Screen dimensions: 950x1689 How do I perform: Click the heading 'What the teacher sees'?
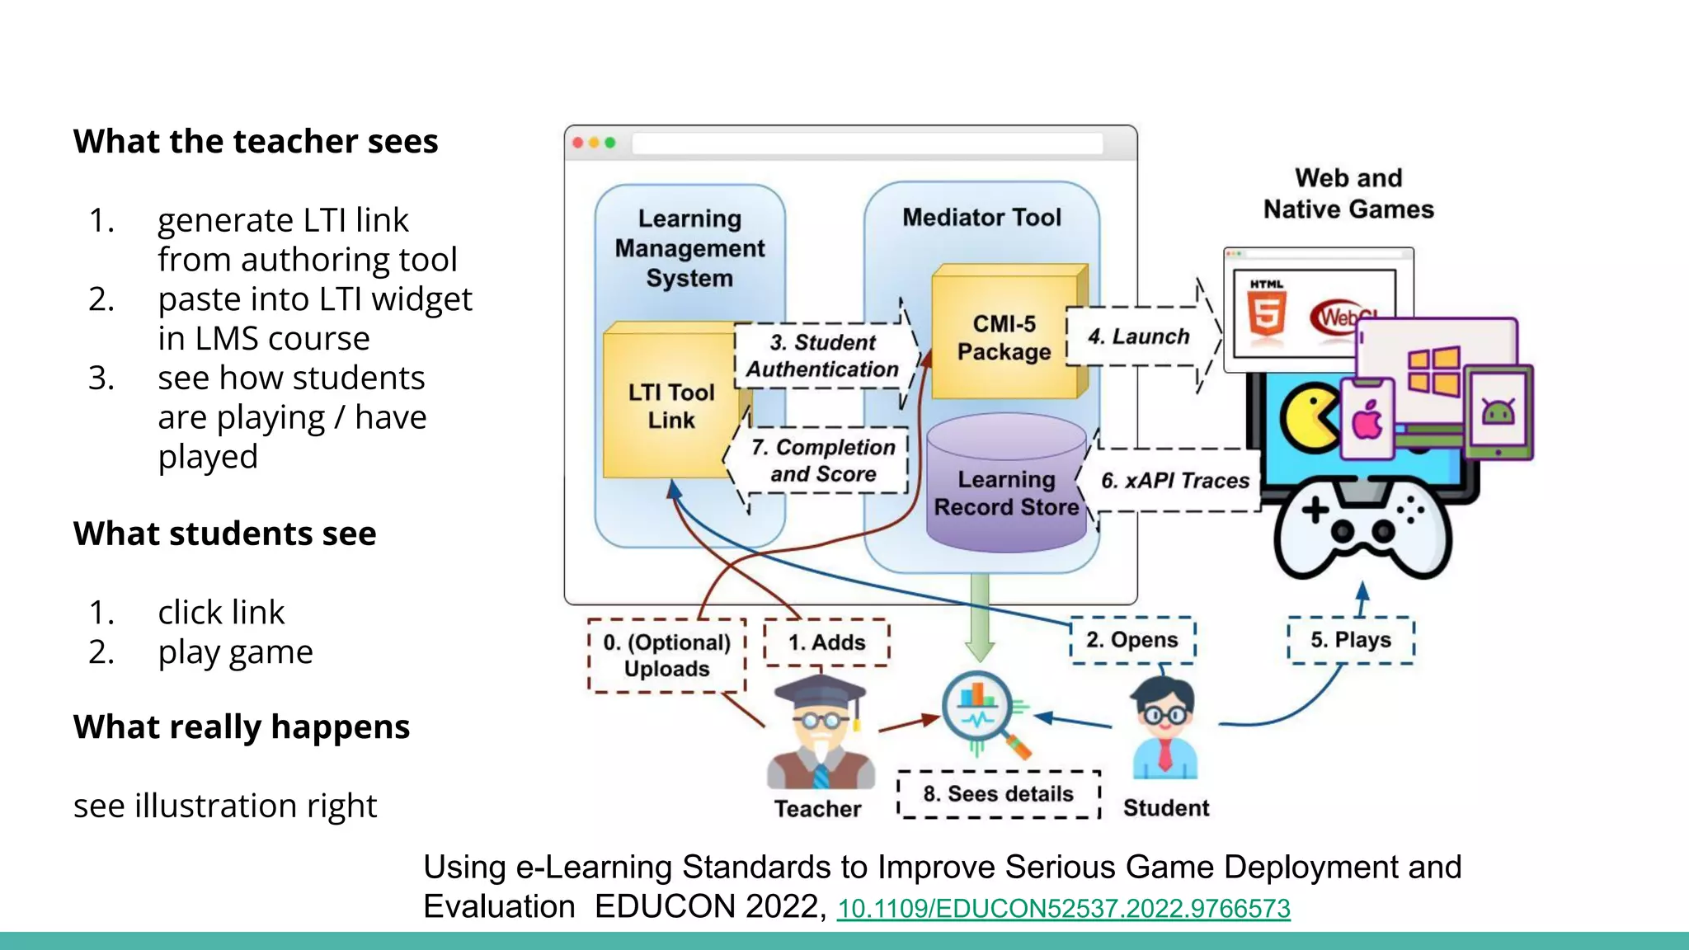[x=256, y=142]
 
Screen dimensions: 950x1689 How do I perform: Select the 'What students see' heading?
[x=224, y=534]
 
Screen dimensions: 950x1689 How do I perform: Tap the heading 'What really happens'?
[x=241, y=727]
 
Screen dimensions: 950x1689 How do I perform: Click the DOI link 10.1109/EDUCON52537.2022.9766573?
[x=1063, y=909]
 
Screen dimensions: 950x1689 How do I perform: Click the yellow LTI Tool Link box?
[x=670, y=405]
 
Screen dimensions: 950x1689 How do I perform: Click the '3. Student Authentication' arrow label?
[x=823, y=355]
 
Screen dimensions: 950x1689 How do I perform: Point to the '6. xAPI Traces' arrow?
[x=1174, y=480]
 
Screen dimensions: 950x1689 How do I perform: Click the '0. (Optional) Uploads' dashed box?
[x=666, y=656]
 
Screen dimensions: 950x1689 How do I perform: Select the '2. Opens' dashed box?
[x=1131, y=640]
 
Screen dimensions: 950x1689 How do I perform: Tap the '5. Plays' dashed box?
[x=1350, y=640]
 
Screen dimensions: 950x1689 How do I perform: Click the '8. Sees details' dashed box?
[x=998, y=794]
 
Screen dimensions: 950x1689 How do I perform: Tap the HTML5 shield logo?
[x=1266, y=311]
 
